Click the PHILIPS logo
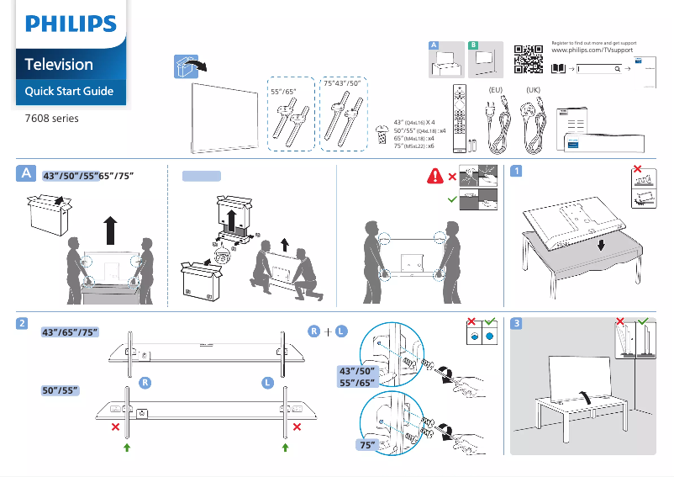71,24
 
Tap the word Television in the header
59,65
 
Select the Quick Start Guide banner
69,91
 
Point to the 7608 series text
51,119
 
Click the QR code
527,59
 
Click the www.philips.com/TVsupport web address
592,51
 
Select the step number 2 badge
25,324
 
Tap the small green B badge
473,44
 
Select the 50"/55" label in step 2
61,390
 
